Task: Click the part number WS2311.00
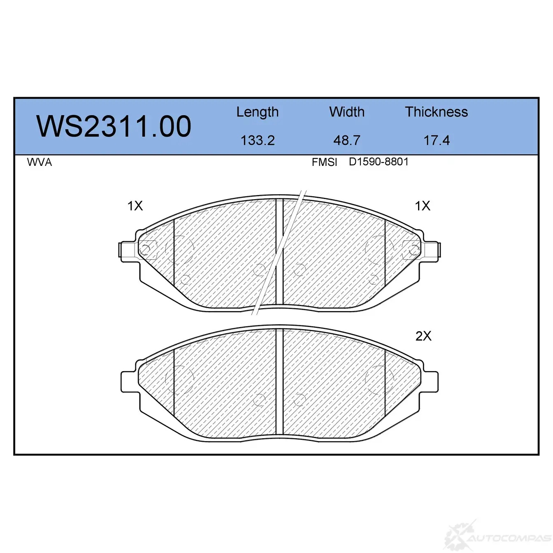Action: click(114, 126)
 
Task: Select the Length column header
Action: click(258, 112)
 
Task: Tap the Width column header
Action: click(347, 112)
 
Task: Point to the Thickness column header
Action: click(436, 112)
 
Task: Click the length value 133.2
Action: click(258, 140)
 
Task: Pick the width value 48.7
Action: click(347, 140)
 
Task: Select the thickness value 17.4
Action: click(437, 140)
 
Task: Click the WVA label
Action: click(39, 163)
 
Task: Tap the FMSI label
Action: click(324, 163)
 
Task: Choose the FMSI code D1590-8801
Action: click(379, 162)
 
